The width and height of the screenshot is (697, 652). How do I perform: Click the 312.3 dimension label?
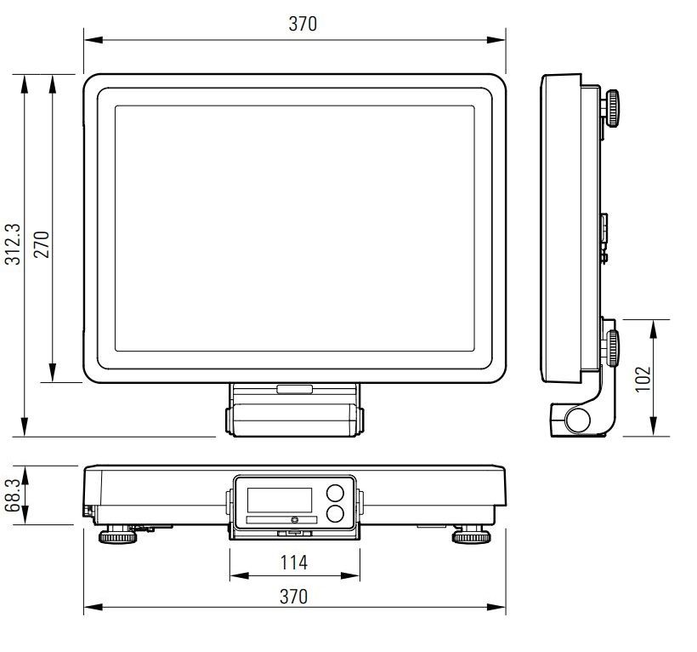(x=13, y=244)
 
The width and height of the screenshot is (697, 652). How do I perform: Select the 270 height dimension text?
(x=42, y=244)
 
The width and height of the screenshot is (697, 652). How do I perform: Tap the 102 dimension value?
(x=643, y=379)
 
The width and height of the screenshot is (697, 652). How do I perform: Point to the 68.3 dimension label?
(x=13, y=495)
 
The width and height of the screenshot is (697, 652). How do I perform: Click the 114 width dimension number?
(x=294, y=563)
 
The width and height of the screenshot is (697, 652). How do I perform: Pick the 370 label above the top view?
(x=303, y=24)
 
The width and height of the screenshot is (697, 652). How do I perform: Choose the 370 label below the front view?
(x=293, y=597)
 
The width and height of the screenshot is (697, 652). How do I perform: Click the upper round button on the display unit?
(x=335, y=494)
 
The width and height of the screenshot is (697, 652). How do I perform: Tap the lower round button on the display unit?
(x=335, y=514)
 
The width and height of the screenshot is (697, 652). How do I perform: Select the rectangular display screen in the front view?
(x=280, y=500)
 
